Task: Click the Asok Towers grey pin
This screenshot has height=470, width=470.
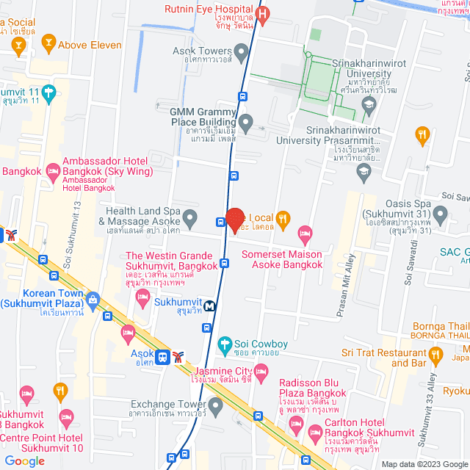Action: (245, 53)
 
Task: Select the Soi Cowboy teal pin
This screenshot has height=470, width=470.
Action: (225, 343)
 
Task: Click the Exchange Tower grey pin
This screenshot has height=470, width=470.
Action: (215, 405)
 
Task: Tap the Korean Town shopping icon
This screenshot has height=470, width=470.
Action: (93, 300)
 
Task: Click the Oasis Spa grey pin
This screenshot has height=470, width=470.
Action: (440, 214)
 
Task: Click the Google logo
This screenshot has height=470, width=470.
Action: (24, 460)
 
